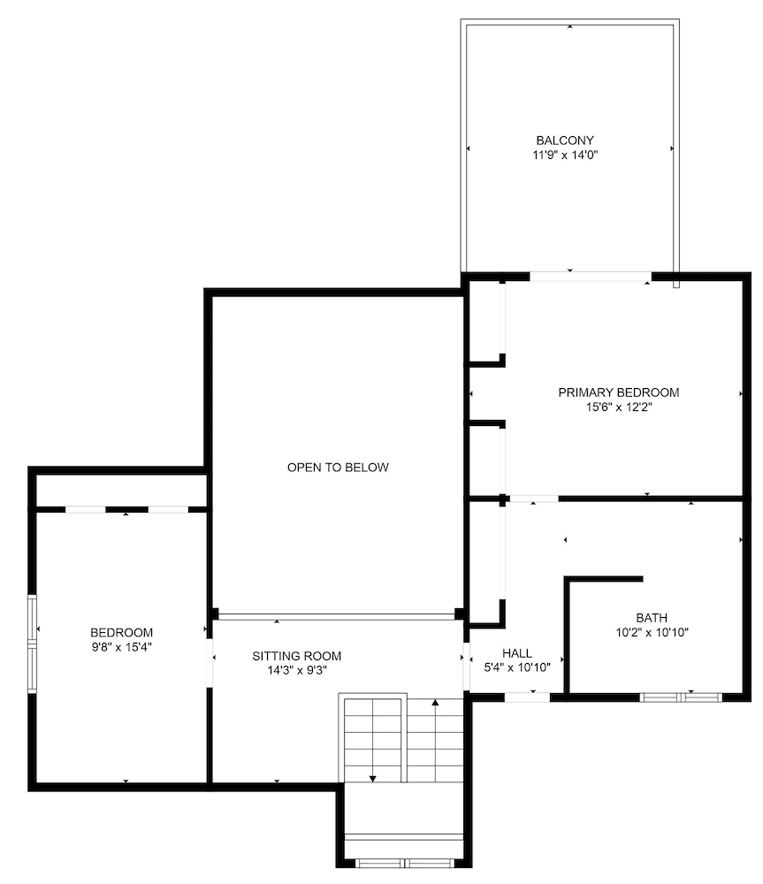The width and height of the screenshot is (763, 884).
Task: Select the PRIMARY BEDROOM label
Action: [618, 392]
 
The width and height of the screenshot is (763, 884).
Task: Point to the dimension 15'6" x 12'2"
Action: [618, 407]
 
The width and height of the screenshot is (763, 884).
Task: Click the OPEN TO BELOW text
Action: [338, 468]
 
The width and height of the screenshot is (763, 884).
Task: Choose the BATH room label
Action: [652, 618]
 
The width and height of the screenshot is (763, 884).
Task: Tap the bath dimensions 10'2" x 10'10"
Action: [652, 632]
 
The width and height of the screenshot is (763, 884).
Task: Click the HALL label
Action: [517, 653]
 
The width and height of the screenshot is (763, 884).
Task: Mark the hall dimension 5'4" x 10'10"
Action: [517, 667]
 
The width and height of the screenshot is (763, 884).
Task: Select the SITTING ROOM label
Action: [296, 656]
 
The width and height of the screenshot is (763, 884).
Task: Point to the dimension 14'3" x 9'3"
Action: [296, 670]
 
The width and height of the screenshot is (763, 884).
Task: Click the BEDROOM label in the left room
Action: [121, 633]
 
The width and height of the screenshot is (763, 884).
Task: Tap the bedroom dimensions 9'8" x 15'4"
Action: [121, 647]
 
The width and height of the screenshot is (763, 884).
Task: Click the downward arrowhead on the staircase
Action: [372, 778]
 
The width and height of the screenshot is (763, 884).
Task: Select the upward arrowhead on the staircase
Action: [435, 704]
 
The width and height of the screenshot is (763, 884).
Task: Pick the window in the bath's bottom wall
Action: [681, 697]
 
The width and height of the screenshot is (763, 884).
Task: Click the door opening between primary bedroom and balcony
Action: [590, 276]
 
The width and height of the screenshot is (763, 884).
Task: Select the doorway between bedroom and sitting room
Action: [210, 662]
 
